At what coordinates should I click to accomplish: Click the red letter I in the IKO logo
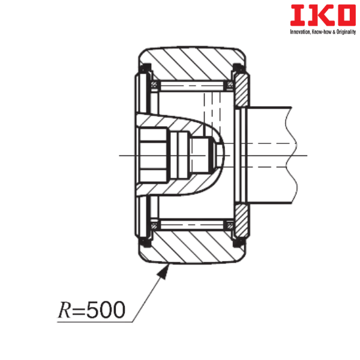coord(298,15)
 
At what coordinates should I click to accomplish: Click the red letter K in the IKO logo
coord(320,15)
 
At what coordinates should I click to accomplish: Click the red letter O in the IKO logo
coord(346,15)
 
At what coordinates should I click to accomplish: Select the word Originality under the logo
coord(346,32)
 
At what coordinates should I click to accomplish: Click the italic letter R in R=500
coord(64,310)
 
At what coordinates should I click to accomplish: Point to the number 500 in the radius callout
coord(106,310)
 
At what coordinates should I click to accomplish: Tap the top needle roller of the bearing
coord(192,86)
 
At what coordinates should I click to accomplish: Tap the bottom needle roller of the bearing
coord(192,224)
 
